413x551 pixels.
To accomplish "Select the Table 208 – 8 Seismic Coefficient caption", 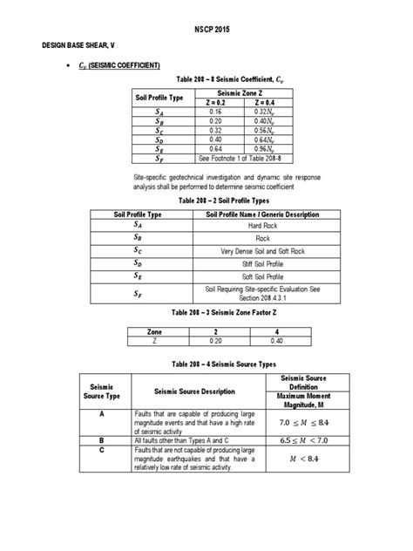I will point(206,78).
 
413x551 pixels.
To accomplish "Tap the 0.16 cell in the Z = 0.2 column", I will point(216,112).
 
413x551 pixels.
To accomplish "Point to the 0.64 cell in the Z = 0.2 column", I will point(216,149).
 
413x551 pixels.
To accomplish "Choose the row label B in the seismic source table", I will point(103,440).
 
